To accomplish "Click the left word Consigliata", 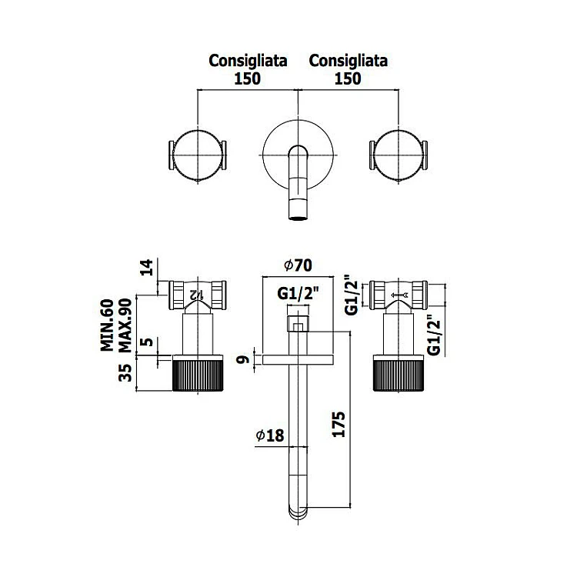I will click(x=248, y=60).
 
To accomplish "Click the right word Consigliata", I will click(x=348, y=60).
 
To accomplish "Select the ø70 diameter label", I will click(x=296, y=265).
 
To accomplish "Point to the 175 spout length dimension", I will click(x=344, y=425).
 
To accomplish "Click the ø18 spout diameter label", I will click(x=270, y=435).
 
